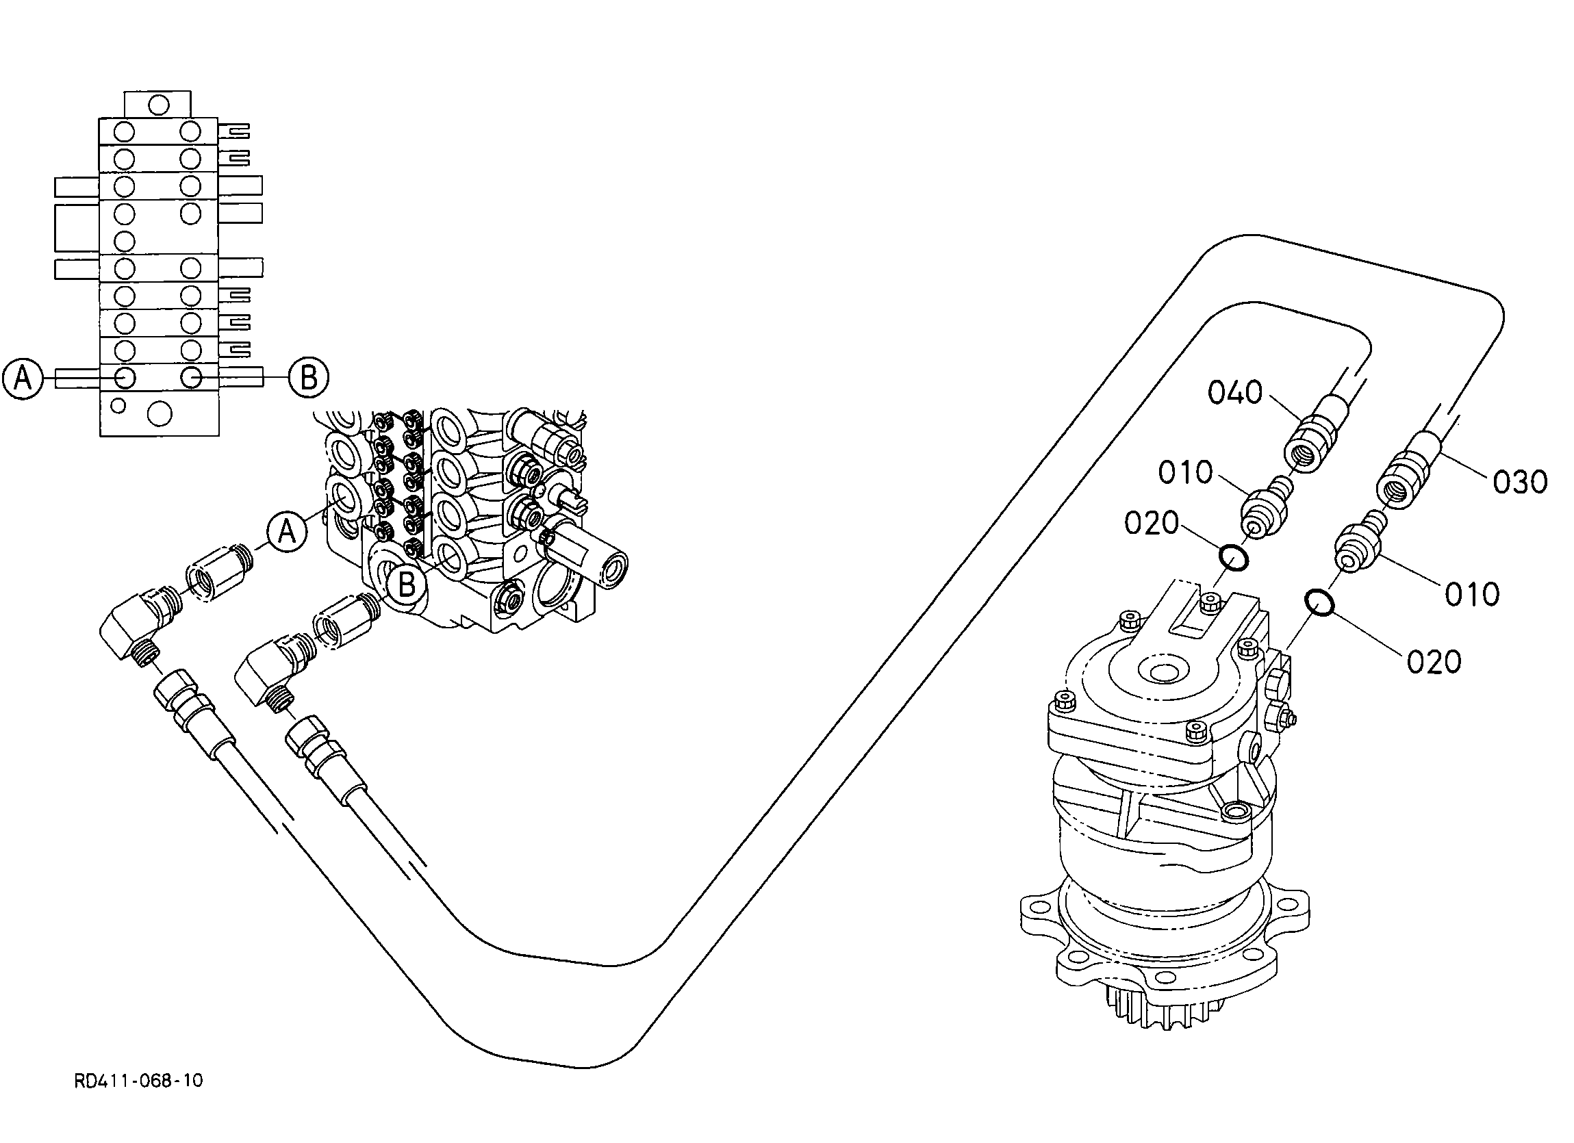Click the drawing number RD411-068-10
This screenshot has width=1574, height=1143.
pos(139,1081)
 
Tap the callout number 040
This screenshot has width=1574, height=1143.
pos(1235,393)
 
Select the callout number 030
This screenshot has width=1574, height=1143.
pos(1521,482)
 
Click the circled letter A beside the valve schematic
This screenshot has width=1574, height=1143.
pos(23,378)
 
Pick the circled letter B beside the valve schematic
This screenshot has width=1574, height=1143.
pos(308,378)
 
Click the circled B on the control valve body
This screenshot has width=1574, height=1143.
pos(407,584)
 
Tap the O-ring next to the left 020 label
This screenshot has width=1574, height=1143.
pos(1234,557)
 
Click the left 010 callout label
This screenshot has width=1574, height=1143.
pos(1185,473)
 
